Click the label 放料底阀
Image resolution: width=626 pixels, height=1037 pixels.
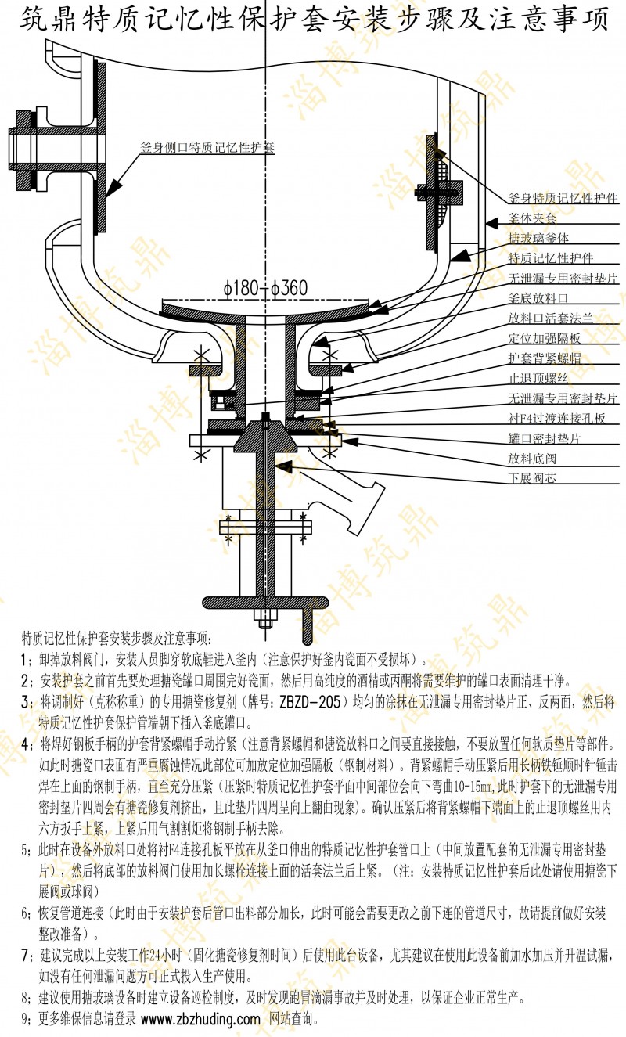(x=538, y=458)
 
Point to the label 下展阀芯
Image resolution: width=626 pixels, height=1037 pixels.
(x=538, y=478)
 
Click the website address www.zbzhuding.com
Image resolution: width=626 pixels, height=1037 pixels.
(x=200, y=1020)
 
